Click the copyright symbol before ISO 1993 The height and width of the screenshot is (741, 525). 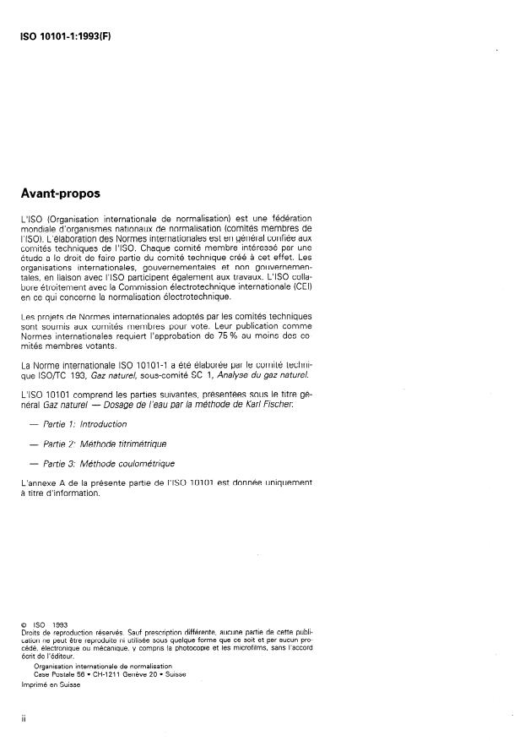[x=25, y=624]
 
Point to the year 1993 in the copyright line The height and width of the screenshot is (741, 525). [x=60, y=624]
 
